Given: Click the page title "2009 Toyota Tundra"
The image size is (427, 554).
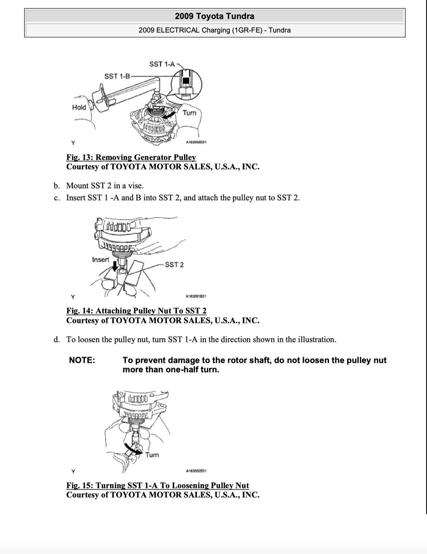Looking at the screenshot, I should point(214,16).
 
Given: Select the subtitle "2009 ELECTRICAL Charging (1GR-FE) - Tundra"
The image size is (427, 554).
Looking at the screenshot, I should point(214,30).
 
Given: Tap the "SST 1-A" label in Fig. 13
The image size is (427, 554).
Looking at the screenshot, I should point(162,64).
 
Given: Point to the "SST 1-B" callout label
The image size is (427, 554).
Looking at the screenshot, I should point(117,76).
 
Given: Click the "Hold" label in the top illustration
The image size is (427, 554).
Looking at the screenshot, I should point(79,107).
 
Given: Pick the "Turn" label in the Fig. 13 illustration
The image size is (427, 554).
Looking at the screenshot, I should point(189,113).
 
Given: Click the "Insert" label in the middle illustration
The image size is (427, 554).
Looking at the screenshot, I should point(100,260).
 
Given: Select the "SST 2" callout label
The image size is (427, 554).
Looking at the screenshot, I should point(174,265).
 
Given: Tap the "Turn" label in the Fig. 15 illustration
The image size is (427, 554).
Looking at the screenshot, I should point(152,455).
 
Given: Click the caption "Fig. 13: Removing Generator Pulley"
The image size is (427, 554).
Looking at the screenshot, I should point(131,157).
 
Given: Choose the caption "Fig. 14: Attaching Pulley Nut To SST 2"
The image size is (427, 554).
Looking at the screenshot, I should point(136,311).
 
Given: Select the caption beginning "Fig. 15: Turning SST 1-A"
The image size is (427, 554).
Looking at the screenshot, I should point(157,485).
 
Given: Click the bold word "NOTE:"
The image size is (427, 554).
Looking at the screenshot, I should point(82,360).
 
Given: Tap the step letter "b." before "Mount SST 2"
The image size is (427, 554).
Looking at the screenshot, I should point(57,186).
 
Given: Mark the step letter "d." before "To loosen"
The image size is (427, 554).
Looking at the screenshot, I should point(57,340).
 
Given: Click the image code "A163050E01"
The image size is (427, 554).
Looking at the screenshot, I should point(196,142).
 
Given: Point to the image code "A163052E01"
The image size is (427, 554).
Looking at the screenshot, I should point(196,471).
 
